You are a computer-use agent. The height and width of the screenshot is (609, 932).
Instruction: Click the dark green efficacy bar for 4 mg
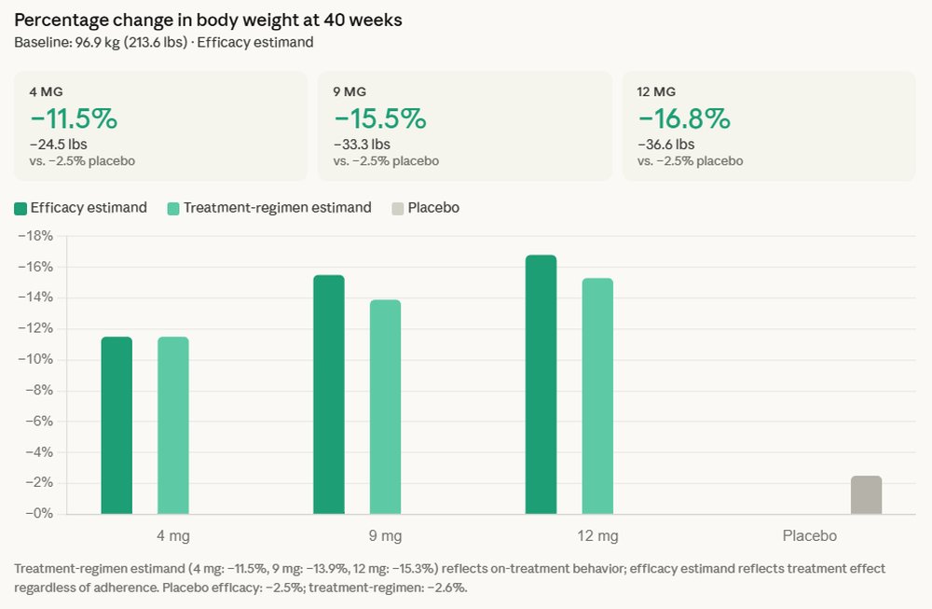(x=116, y=425)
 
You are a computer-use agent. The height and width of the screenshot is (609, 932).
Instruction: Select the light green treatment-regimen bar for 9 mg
(x=385, y=407)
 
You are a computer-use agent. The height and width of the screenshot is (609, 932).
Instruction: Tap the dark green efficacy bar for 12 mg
(x=541, y=384)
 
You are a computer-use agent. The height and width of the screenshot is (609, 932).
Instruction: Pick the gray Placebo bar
(x=866, y=495)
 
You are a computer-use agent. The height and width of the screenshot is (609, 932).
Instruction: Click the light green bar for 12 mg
(x=597, y=395)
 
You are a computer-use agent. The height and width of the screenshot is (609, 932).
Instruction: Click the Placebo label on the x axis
(x=809, y=536)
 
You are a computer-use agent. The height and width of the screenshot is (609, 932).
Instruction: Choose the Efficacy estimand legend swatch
(x=21, y=208)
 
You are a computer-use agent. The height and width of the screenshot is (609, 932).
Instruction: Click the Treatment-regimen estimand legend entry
(x=278, y=208)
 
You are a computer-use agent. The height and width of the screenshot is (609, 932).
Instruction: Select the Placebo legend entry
(x=433, y=208)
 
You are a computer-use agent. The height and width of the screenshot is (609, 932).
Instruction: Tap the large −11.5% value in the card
(x=74, y=118)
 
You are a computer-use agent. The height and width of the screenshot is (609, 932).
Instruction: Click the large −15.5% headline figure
(x=379, y=118)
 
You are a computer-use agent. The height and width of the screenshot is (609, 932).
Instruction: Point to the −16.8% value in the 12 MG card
(x=684, y=118)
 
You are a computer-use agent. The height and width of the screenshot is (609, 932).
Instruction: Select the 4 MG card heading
(x=46, y=91)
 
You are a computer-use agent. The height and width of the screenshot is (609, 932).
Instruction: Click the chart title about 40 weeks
(x=208, y=20)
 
